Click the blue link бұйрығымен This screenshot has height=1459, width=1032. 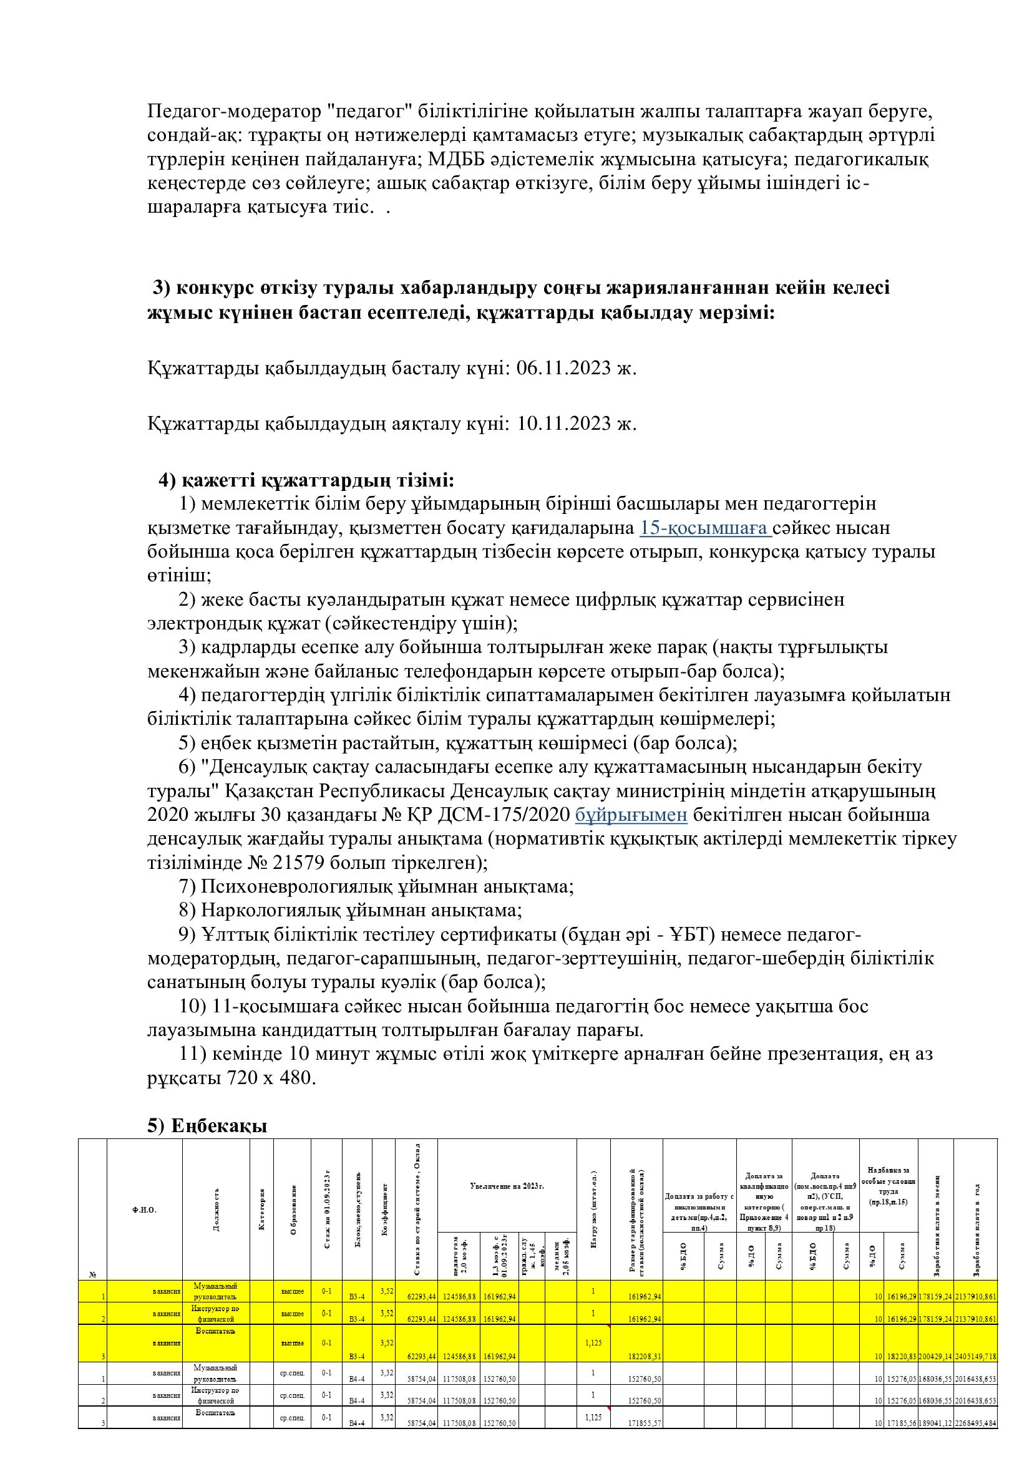[631, 815]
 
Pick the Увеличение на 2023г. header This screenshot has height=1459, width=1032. [507, 1186]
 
